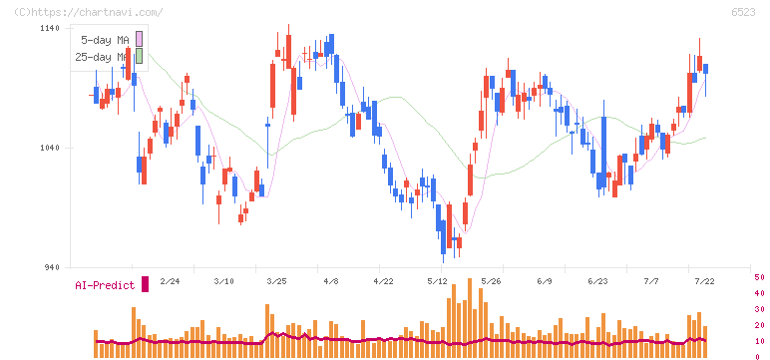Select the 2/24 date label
pos(170,281)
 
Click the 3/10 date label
pos(224,281)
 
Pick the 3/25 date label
pos(277,281)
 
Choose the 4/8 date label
pos(331,281)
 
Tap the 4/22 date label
pos(384,281)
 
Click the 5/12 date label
pos(437,281)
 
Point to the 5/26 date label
pos(491,281)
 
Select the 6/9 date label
pos(545,281)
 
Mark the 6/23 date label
pos(597,281)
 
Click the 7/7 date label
pos(651,281)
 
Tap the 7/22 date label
pos(704,281)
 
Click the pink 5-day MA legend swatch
pos(139,38)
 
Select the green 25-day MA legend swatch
pos(139,56)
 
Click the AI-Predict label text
pos(105,285)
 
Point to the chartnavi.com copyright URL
pos(89,12)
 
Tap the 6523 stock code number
pos(743,12)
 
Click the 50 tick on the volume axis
pos(759,277)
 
